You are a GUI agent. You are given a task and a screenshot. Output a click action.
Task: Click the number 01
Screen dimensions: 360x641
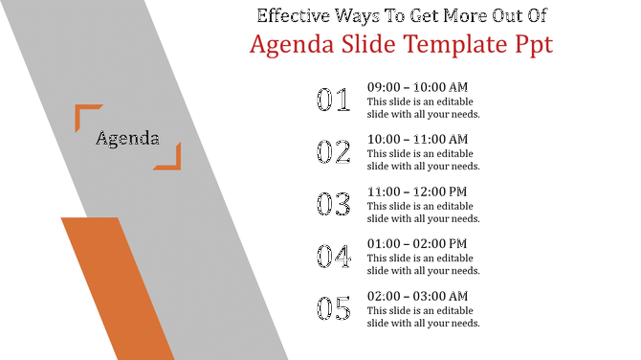[334, 101]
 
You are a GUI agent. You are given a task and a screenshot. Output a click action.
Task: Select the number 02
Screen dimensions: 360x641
[334, 152]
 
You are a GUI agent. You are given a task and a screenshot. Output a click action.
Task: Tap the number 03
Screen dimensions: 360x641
[334, 204]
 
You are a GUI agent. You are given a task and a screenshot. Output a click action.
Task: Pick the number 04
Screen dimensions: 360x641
[334, 256]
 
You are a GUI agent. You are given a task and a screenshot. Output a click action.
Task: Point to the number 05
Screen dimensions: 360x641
[334, 308]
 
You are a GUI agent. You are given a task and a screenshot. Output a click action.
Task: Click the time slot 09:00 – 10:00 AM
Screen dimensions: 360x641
[417, 87]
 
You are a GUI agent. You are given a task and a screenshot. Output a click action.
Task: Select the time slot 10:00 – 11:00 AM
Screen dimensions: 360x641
[417, 139]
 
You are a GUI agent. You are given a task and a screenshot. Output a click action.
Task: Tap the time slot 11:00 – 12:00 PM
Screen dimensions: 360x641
[417, 191]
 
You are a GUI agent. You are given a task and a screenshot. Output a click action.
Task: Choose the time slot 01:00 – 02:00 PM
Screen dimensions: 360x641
[417, 243]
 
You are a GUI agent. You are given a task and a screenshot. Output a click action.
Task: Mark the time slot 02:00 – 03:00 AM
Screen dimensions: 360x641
[417, 296]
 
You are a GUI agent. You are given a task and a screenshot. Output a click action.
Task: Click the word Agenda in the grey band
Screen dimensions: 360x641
[127, 138]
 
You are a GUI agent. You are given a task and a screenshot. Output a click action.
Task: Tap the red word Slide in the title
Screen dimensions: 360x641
[358, 44]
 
